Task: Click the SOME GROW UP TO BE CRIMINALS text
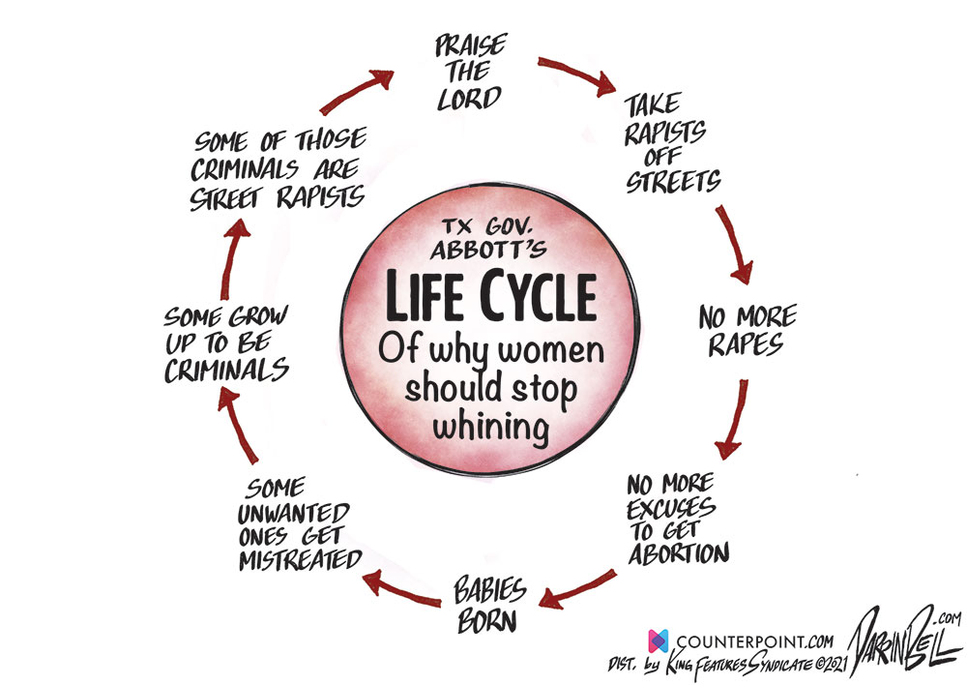click(224, 342)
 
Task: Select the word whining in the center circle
click(487, 426)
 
